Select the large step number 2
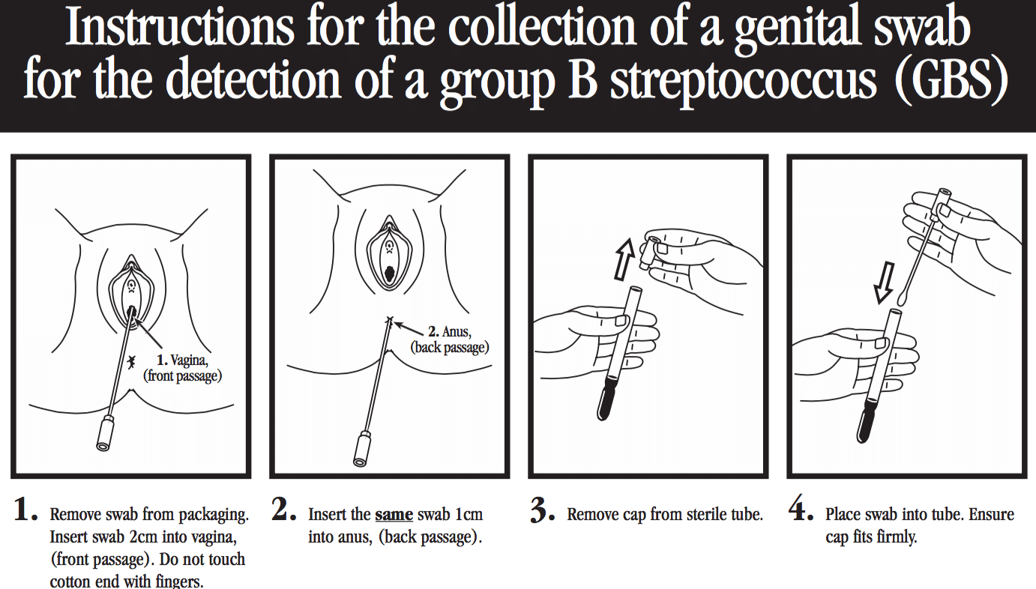coord(283,509)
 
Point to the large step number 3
coord(542,510)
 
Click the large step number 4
coord(801,509)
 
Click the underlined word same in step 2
coord(394,515)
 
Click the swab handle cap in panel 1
coord(106,433)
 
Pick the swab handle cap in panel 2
coord(362,449)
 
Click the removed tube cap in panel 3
coord(651,253)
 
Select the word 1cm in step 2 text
coord(469,515)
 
